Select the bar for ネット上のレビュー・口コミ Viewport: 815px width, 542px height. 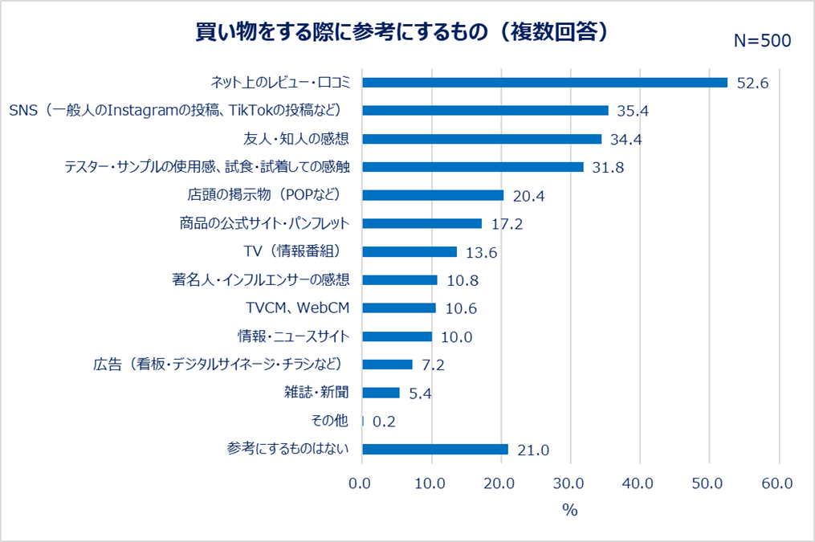[x=544, y=83]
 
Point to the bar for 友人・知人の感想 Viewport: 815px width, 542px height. [x=482, y=139]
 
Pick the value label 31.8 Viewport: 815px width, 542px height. [x=607, y=168]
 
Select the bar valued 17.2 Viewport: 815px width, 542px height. [x=422, y=223]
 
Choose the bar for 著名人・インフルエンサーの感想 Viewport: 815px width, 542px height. [x=400, y=280]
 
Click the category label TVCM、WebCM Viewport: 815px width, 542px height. [x=297, y=308]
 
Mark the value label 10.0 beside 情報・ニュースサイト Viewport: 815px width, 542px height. [x=456, y=337]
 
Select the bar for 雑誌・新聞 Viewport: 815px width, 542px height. [x=381, y=393]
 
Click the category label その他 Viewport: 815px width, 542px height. [x=329, y=421]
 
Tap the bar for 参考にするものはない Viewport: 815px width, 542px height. [x=435, y=449]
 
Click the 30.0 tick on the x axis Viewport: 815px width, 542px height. [x=569, y=483]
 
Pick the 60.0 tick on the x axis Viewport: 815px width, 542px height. [x=777, y=483]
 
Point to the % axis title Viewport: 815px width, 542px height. [x=570, y=511]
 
